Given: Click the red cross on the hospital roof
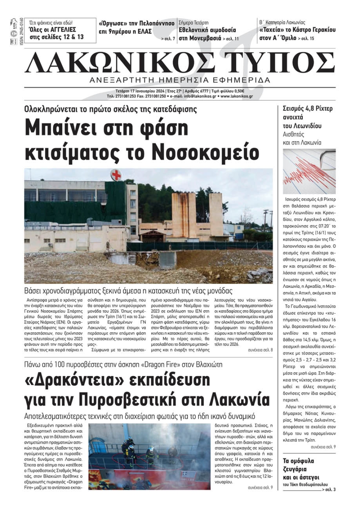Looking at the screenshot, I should (x=116, y=175).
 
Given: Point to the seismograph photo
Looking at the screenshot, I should (x=309, y=171).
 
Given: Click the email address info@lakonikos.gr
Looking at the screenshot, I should (x=200, y=96).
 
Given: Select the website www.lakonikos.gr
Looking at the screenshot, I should (x=237, y=96).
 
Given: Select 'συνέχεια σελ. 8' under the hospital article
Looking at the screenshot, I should (x=260, y=350).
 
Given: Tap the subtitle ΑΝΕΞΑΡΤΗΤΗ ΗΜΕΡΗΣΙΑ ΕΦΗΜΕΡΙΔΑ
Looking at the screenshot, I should (x=180, y=80).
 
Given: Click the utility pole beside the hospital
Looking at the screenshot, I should (x=266, y=223).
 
